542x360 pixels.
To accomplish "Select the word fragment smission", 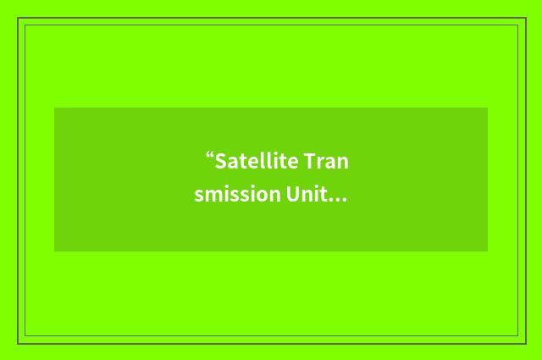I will click(236, 194).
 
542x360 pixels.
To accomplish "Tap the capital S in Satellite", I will click(220, 161).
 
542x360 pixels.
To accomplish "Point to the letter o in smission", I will click(258, 196).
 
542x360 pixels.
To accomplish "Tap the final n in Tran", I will click(340, 163).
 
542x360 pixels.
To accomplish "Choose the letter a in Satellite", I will click(232, 163).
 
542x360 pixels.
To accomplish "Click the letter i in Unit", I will click(317, 194).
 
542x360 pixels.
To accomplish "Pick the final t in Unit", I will click(324, 195).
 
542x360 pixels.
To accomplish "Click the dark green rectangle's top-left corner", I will click(55, 108).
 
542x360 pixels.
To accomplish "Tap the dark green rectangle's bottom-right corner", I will click(487, 251).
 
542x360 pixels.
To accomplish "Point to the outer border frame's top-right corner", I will click(525, 19).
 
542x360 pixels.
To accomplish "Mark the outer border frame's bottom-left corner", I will click(18, 343).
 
